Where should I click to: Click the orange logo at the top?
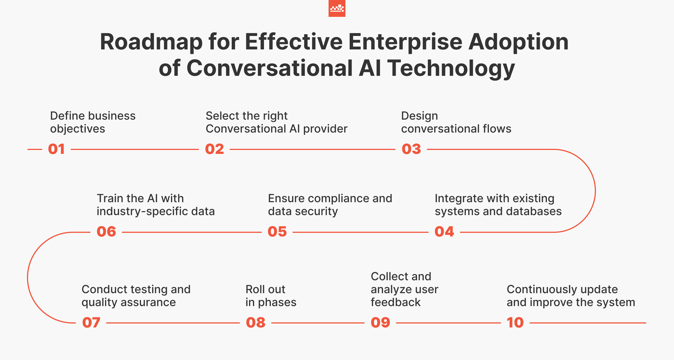click(x=337, y=8)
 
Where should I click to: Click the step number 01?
click(x=56, y=149)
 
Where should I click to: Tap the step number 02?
click(x=215, y=149)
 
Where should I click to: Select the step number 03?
click(x=411, y=149)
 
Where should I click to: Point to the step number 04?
click(x=444, y=232)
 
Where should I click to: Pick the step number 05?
click(x=277, y=232)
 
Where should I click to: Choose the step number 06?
click(x=106, y=232)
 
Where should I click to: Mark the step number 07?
click(x=91, y=323)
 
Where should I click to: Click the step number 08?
click(x=256, y=323)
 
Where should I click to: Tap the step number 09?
click(x=381, y=323)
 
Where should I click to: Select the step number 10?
click(x=515, y=323)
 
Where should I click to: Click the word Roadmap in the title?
click(x=151, y=42)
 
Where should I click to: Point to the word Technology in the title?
click(x=451, y=68)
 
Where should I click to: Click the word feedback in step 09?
click(x=396, y=302)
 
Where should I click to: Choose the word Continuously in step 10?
click(x=539, y=290)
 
